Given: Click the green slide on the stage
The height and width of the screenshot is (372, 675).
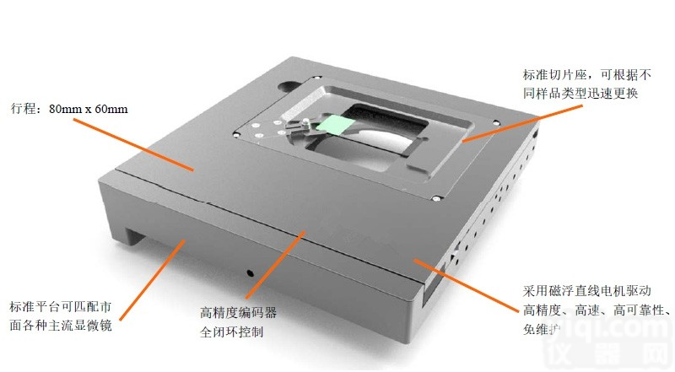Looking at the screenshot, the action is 334,125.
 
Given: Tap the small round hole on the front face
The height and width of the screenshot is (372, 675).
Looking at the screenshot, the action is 250,272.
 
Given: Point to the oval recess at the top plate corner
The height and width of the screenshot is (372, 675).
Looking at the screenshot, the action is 289,87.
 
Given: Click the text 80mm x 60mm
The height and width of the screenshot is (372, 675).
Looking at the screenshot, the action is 89,109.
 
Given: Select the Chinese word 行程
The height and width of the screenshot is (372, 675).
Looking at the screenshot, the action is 24,109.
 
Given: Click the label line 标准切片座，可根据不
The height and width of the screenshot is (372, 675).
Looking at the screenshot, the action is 587,74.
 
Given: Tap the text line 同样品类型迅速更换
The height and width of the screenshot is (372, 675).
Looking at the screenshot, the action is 580,93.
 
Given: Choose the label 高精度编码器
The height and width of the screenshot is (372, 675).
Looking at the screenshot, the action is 238,313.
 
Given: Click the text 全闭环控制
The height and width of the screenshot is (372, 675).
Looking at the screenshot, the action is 231,332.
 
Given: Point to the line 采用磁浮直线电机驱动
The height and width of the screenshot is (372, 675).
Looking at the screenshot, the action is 586,291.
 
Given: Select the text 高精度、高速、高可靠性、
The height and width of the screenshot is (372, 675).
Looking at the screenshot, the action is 597,310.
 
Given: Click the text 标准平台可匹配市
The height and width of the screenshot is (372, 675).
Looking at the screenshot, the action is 61,306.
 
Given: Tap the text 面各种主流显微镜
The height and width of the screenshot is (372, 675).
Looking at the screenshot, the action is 61,325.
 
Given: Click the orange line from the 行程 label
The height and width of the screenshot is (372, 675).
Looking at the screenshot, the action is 133,145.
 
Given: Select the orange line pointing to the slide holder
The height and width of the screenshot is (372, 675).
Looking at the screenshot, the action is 521,122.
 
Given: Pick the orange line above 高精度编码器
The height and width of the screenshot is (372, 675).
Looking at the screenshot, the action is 276,264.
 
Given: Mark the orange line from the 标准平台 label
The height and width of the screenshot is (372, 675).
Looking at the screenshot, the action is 153,280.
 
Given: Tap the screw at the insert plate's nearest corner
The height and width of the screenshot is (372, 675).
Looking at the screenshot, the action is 435,198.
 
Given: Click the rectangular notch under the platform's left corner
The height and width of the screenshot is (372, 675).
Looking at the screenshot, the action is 137,239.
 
